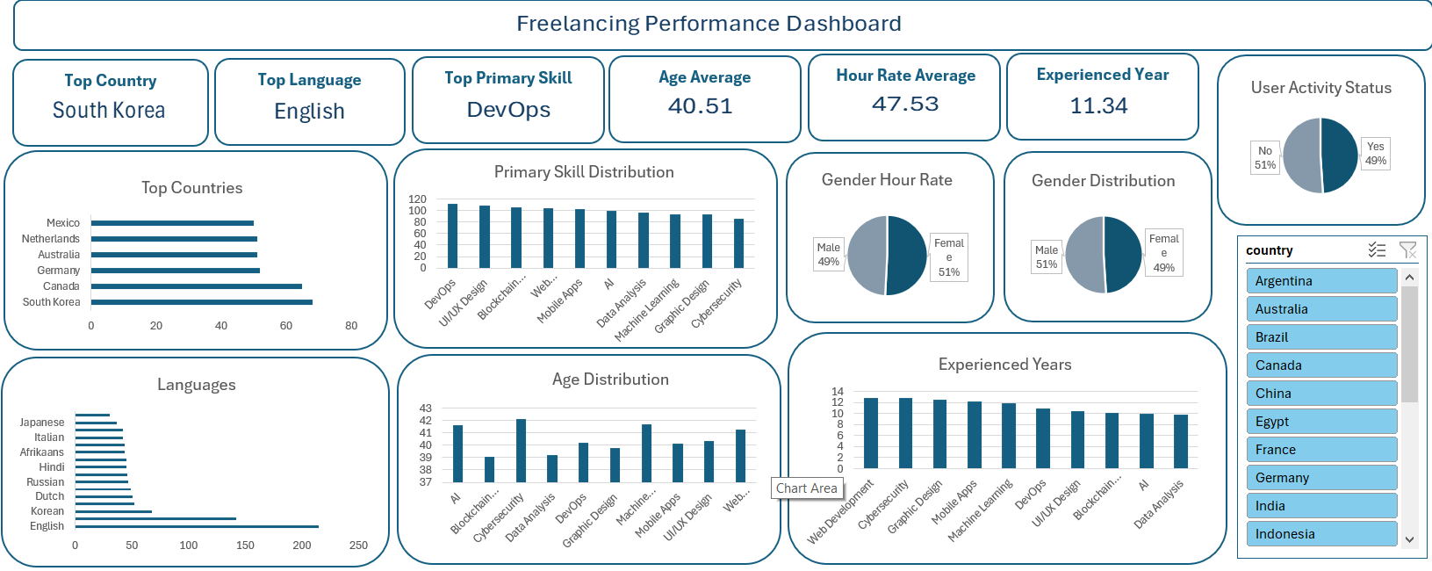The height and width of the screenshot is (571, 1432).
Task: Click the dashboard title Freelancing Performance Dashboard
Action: (x=709, y=24)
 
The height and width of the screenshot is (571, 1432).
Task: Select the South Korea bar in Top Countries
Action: (x=202, y=302)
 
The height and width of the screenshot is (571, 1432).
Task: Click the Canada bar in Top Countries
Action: (x=197, y=286)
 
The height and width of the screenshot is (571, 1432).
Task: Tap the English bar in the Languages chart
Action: (x=197, y=526)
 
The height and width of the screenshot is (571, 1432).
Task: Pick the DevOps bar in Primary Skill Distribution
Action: (x=453, y=235)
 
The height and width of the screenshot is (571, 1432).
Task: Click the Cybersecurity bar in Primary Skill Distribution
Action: (x=738, y=243)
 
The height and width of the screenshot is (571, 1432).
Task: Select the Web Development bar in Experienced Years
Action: (x=871, y=433)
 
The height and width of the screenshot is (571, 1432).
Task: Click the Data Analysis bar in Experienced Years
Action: (x=1181, y=441)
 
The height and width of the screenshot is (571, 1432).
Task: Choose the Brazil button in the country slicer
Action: (x=1320, y=337)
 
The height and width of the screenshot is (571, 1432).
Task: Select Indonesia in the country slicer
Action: (x=1320, y=534)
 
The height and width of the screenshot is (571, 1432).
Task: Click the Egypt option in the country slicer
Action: (x=1320, y=422)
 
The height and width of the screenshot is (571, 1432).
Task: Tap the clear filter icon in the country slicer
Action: (x=1407, y=250)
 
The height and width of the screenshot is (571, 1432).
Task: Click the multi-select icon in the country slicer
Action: (x=1377, y=250)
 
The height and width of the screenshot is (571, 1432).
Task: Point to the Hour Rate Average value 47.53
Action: (x=905, y=105)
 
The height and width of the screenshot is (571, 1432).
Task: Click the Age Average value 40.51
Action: (x=700, y=106)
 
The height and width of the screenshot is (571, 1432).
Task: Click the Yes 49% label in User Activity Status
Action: (x=1375, y=154)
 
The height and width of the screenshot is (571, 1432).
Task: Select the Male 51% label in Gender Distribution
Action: (x=1047, y=257)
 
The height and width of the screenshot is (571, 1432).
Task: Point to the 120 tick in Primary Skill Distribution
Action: (x=417, y=199)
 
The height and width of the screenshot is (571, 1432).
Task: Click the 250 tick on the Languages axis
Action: (x=358, y=546)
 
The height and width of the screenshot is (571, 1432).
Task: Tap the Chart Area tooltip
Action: (x=806, y=488)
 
